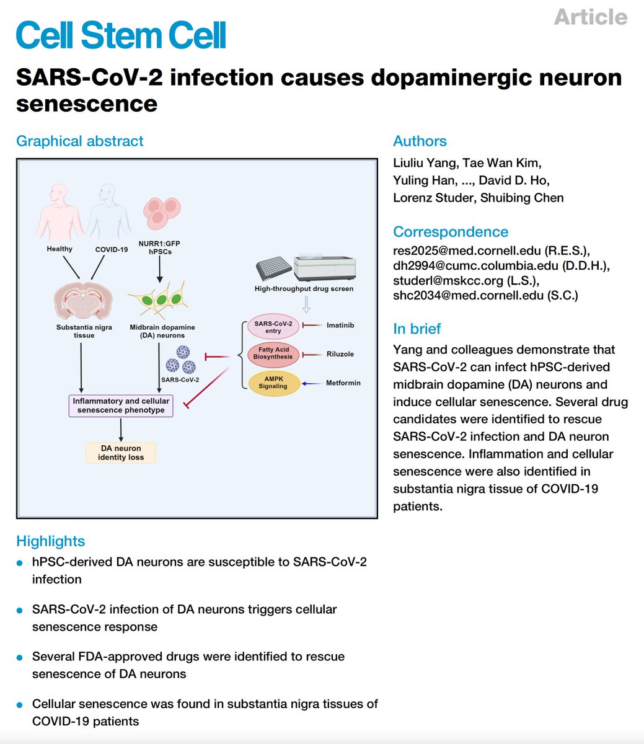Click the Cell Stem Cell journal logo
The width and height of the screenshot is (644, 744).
121,35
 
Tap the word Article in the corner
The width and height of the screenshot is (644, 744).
590,17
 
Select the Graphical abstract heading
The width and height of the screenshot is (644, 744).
79,141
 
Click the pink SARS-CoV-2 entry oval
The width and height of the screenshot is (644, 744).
273,327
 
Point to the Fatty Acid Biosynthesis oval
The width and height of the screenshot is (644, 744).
273,353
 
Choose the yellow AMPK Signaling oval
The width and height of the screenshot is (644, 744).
273,383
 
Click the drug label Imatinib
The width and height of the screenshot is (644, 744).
340,325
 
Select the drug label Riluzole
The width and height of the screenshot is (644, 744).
340,354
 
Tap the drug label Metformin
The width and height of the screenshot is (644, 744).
343,383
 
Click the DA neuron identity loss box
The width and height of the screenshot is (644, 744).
121,453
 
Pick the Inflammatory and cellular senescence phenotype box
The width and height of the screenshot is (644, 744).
121,405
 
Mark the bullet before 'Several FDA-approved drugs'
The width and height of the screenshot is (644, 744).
20,657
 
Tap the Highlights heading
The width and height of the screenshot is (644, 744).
50,541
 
